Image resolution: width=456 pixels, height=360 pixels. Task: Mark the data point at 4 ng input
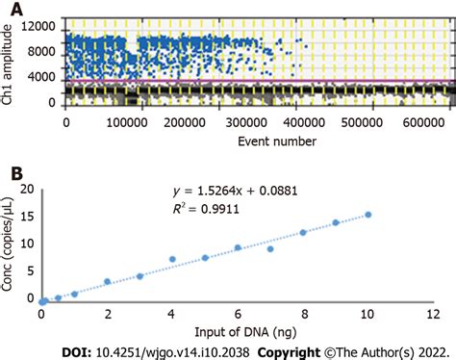click(173, 259)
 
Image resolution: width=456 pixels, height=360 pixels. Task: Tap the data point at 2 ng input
click(108, 282)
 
